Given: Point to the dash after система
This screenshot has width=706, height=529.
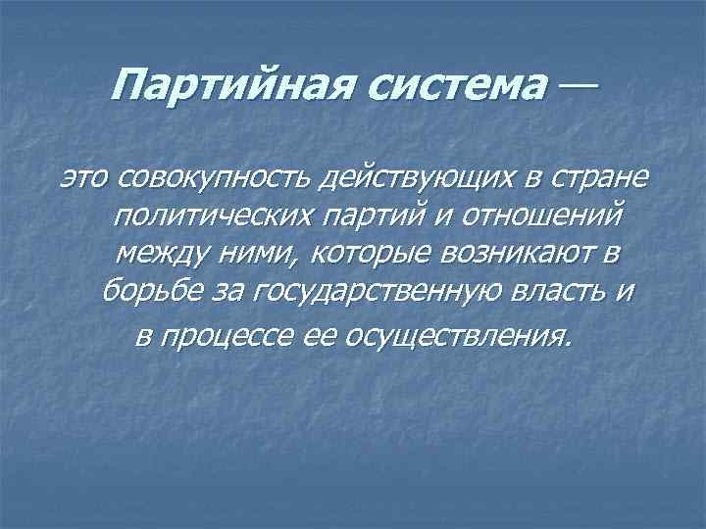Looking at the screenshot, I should [579, 87].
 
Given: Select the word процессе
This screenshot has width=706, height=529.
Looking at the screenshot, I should [234, 337].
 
